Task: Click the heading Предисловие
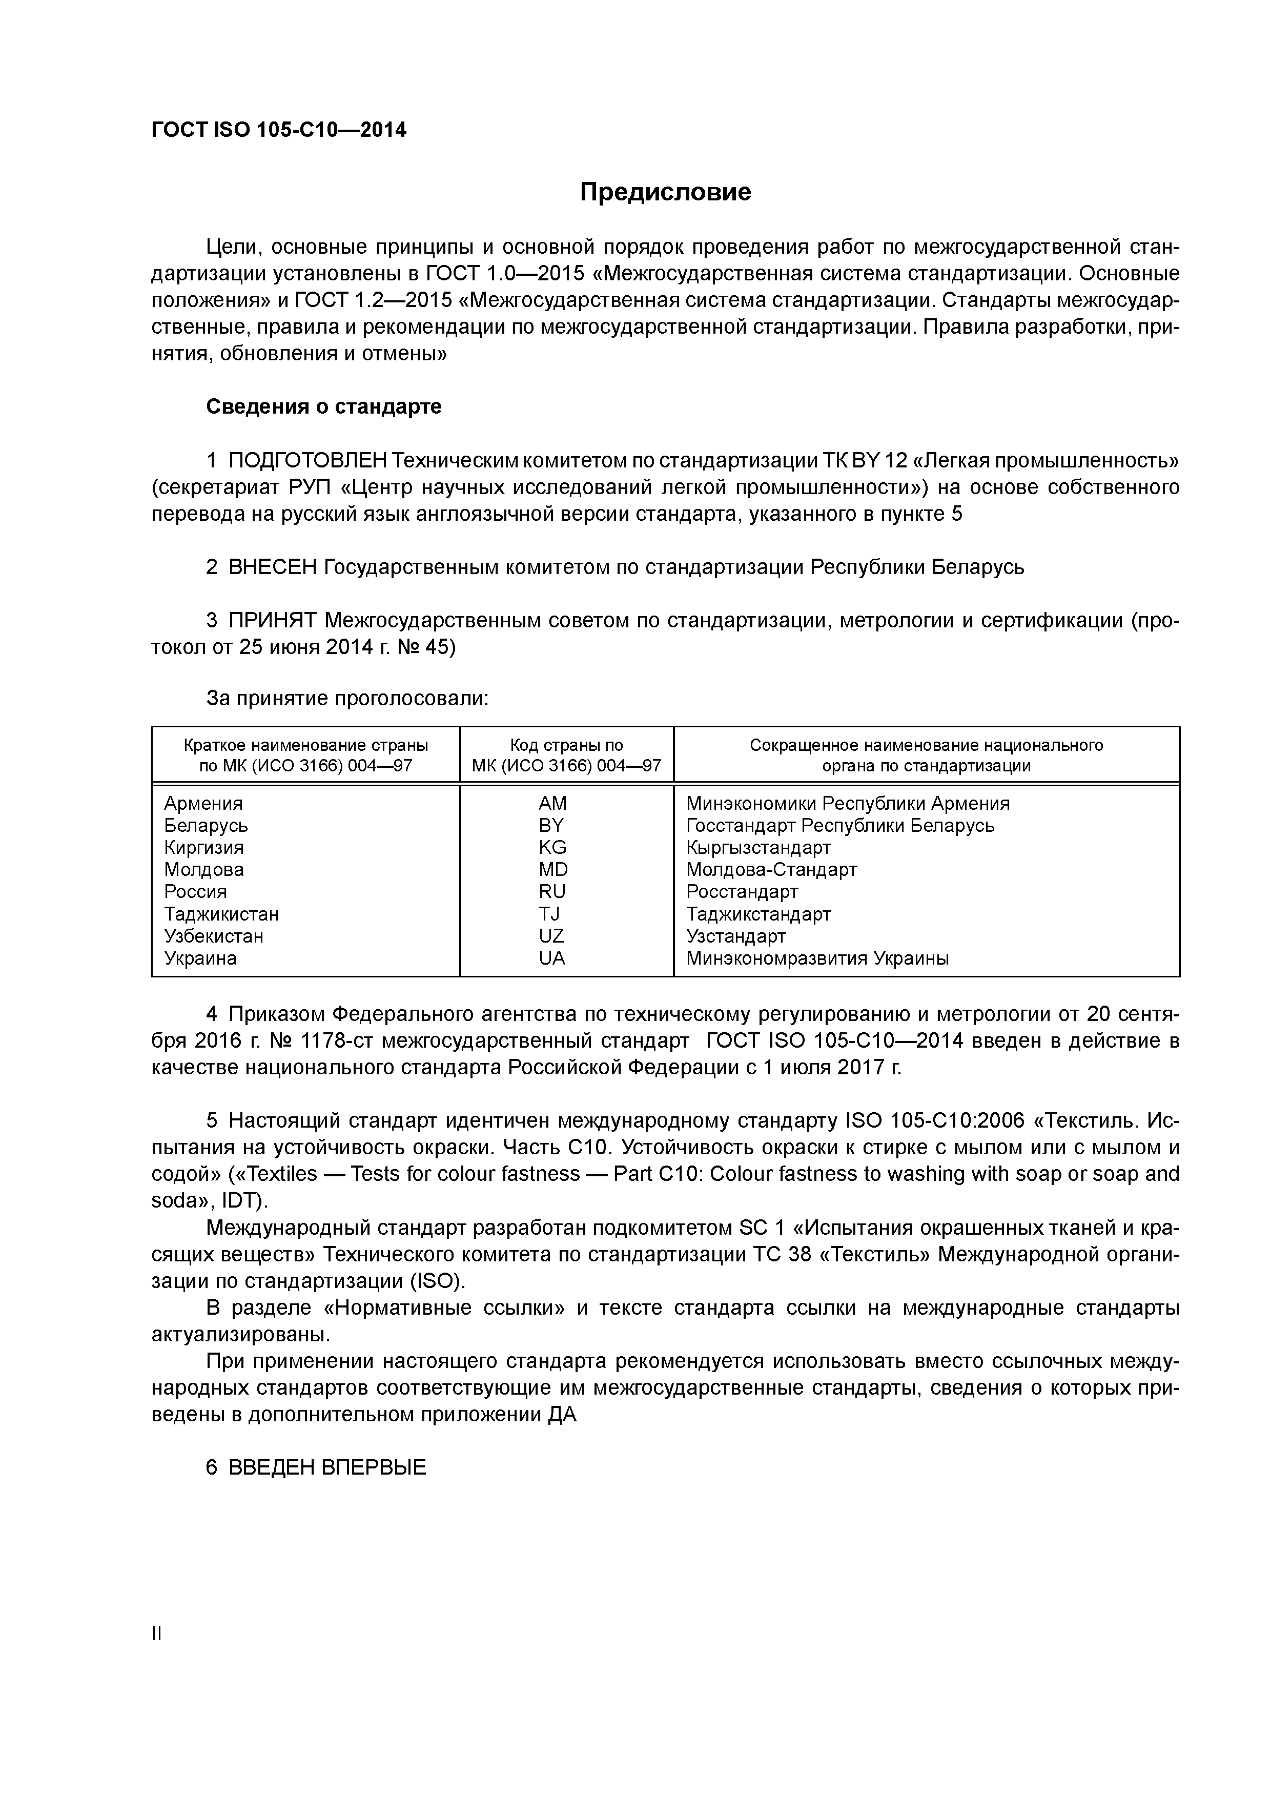click(665, 192)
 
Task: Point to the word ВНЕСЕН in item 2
click(273, 567)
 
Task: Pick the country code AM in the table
click(552, 804)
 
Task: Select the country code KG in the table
click(552, 847)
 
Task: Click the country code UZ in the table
click(551, 936)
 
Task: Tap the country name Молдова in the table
click(203, 869)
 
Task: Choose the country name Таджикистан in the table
click(221, 914)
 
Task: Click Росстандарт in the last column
click(742, 892)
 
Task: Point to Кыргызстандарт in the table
click(758, 847)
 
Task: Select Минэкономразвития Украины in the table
click(817, 958)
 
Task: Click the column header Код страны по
click(566, 745)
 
